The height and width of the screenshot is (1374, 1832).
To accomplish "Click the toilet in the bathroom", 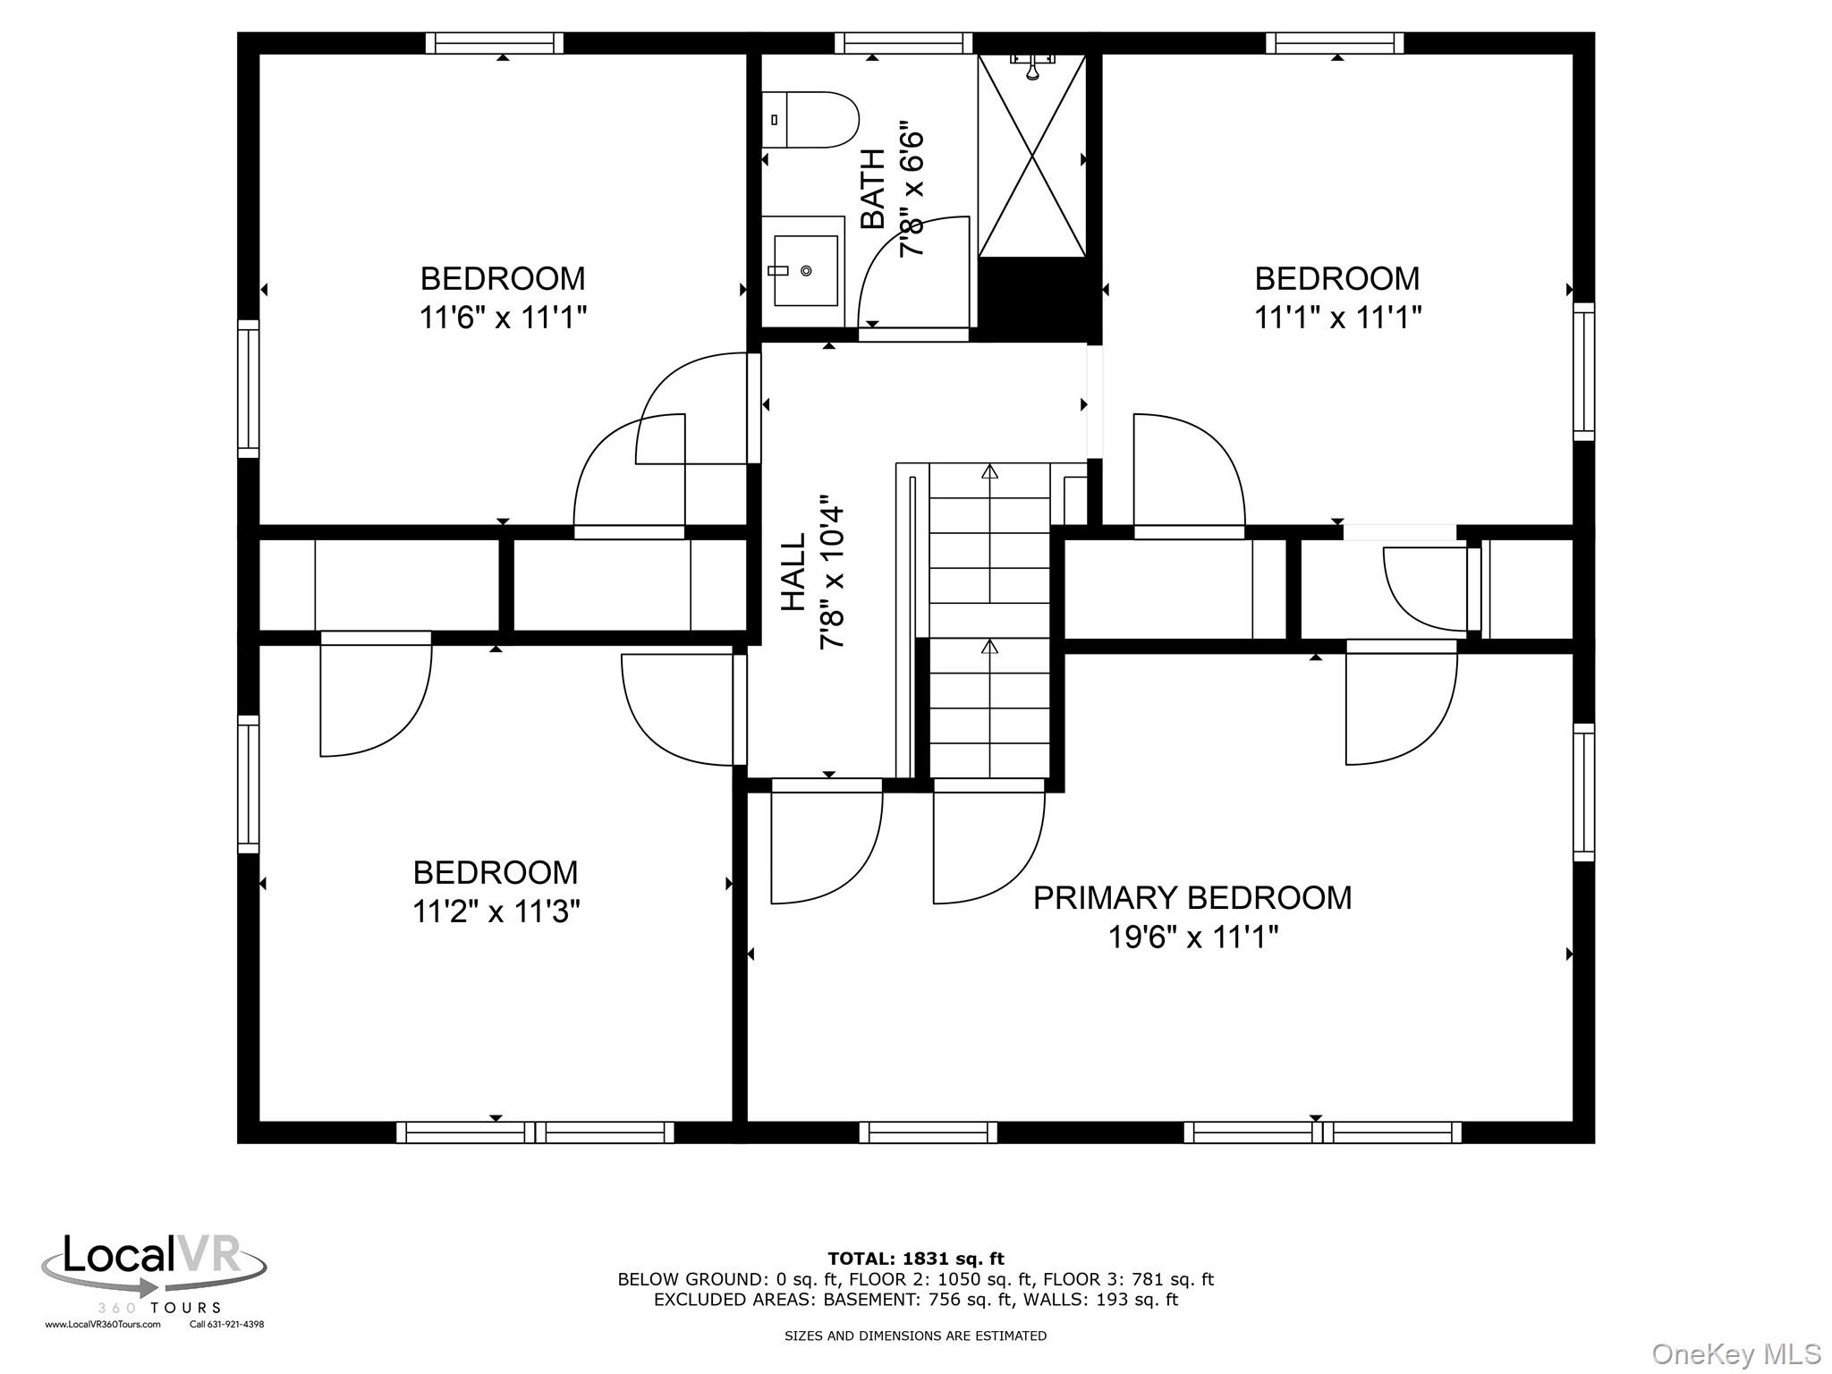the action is tap(809, 120).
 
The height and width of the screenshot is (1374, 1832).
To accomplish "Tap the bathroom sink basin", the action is tap(805, 270).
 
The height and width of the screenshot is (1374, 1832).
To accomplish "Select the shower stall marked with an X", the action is tap(1032, 156).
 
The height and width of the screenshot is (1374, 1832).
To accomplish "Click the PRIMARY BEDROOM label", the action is tap(1192, 897).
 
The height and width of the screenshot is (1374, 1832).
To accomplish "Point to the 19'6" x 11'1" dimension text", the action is tap(1193, 937).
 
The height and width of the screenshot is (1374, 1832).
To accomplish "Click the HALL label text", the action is tap(793, 572).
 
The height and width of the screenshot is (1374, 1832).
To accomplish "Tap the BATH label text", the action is tap(872, 189).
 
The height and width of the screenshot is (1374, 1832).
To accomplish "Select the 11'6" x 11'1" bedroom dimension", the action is tap(503, 317).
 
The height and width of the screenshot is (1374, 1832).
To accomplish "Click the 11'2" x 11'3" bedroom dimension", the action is tap(496, 912).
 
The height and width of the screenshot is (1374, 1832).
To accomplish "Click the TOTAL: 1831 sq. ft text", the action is tap(916, 1259).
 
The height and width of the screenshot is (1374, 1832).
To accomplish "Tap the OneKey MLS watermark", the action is tap(1736, 1354).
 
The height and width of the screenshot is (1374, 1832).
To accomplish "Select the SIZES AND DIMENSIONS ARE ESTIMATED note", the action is tap(915, 1336).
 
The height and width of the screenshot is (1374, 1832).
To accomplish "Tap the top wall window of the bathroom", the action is tap(903, 43).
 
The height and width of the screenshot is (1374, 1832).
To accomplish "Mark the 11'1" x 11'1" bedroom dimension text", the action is tap(1337, 317).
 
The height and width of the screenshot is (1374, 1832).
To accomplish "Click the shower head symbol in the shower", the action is tap(1032, 66).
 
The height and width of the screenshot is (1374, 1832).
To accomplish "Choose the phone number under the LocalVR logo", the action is tap(226, 1325).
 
